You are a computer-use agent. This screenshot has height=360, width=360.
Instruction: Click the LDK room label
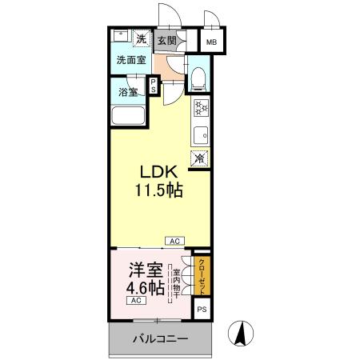(160, 174)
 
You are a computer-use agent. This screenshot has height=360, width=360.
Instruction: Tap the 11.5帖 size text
(160, 191)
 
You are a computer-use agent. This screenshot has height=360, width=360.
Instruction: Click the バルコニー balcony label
(160, 339)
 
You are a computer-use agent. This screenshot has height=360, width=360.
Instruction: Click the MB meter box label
(212, 42)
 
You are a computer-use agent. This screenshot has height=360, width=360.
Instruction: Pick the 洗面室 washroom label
(130, 60)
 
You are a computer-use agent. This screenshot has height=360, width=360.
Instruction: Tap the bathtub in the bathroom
(127, 116)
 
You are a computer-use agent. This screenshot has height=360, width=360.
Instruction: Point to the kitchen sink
(200, 133)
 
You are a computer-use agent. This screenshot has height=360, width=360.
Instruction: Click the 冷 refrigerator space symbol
(199, 157)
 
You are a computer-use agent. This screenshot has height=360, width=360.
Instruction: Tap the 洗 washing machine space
(140, 39)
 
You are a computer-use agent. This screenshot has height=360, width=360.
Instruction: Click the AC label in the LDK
(174, 240)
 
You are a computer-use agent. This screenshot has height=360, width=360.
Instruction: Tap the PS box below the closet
(202, 308)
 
